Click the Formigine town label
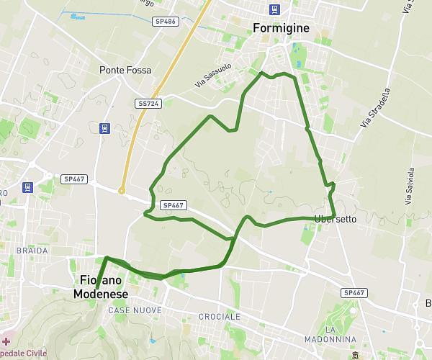click(x=281, y=28)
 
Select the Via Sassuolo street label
click(x=210, y=75)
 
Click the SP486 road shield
click(x=165, y=22)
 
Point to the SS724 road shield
click(x=148, y=104)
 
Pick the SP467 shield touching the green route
click(x=174, y=205)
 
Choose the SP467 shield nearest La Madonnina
click(x=354, y=292)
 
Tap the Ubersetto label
click(x=335, y=219)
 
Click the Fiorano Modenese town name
click(x=100, y=286)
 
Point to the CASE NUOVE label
click(x=135, y=310)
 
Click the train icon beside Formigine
click(x=274, y=9)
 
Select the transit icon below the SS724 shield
click(x=105, y=129)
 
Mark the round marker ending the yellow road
click(x=122, y=191)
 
